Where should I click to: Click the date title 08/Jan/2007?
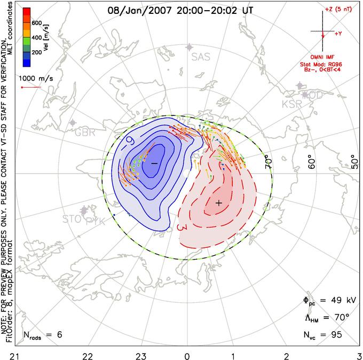pyautogui.click(x=140, y=10)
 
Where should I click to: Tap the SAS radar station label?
pyautogui.click(x=201, y=57)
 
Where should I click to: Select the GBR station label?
pyautogui.click(x=85, y=132)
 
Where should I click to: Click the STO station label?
pyautogui.click(x=72, y=219)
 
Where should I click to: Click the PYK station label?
pyautogui.click(x=96, y=221)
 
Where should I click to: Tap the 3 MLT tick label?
pyautogui.click(x=358, y=355)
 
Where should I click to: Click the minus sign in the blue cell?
pyautogui.click(x=154, y=162)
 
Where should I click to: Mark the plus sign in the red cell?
pyautogui.click(x=218, y=203)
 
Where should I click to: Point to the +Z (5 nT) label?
pyautogui.click(x=335, y=10)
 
